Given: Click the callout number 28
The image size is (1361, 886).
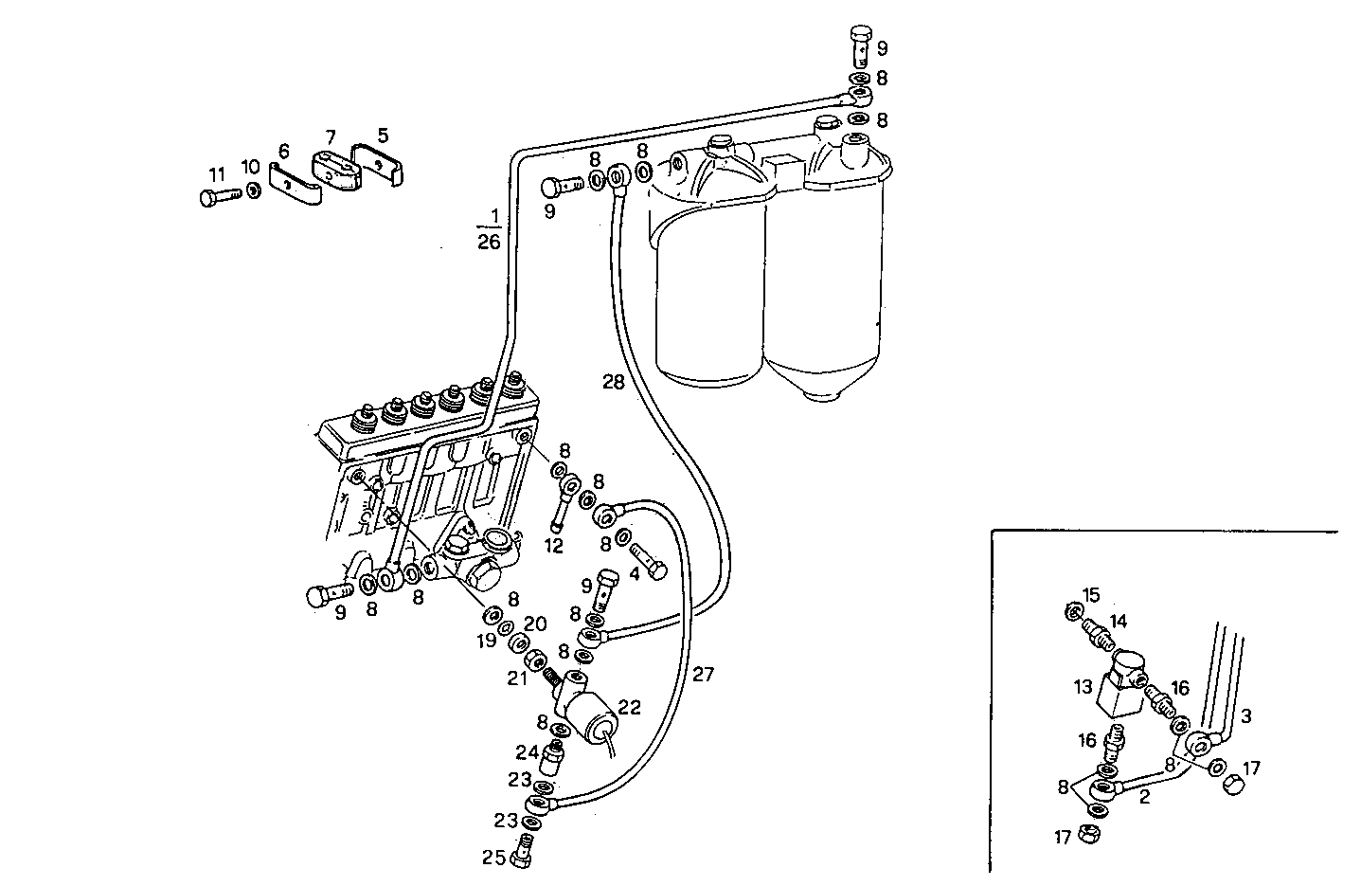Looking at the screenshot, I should [x=614, y=382].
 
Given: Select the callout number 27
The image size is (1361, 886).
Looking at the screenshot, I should [x=702, y=675].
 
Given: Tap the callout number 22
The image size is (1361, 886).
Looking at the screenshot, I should [x=630, y=706].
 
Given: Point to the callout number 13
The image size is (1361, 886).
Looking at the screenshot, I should [x=1083, y=687].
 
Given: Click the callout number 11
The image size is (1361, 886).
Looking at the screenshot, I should [x=217, y=174].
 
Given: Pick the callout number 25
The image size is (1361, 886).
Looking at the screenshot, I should [x=492, y=859].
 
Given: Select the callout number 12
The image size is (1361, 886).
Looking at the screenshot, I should [x=553, y=546].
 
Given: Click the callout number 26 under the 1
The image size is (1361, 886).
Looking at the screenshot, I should [x=489, y=243].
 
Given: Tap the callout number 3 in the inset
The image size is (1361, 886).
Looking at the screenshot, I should [x=1245, y=717].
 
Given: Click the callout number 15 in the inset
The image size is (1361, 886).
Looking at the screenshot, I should [x=1092, y=595].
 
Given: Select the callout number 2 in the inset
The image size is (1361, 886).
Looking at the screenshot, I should [x=1144, y=797].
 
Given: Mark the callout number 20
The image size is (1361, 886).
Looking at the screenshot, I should [x=535, y=624].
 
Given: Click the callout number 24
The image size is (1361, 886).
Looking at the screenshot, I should [x=527, y=753].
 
